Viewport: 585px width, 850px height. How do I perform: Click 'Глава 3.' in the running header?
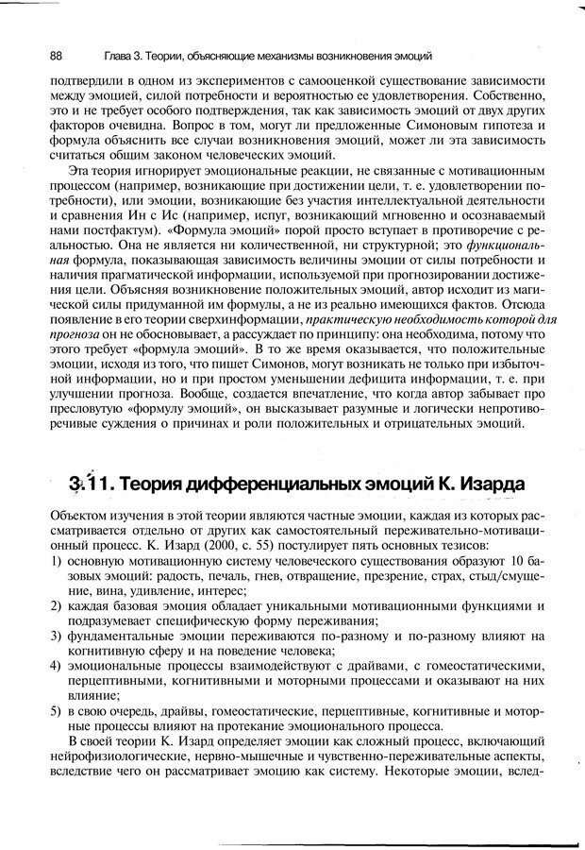[x=120, y=54]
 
